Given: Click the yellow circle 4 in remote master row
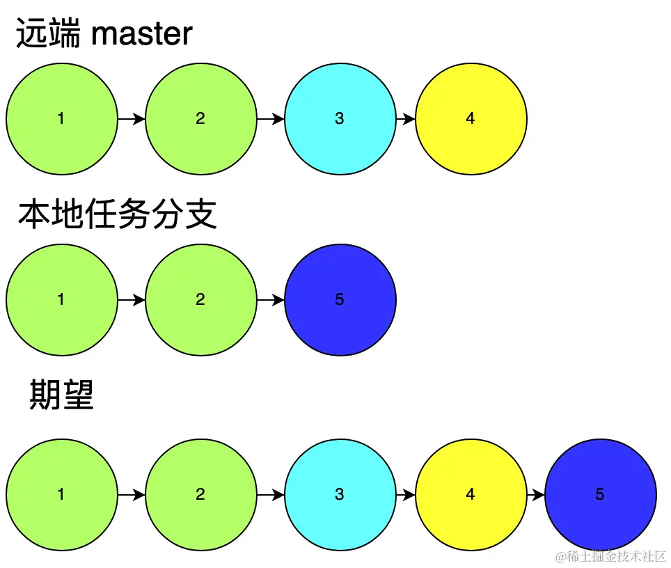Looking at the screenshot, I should coord(471,119).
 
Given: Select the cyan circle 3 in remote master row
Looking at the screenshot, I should coord(340,119).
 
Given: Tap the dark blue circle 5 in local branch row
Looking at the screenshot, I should coord(340,300).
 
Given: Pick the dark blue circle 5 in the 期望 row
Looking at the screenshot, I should coord(600,495).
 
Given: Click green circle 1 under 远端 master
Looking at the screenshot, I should coord(61,119).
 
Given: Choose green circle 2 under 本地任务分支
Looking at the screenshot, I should coord(200,300).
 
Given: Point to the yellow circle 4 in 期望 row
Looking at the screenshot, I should coord(471,495).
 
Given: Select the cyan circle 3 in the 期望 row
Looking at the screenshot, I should coord(340,495).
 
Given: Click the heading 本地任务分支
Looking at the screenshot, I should coord(117,215).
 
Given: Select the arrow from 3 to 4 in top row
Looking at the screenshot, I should coord(405,119).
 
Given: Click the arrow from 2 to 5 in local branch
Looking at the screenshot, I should coord(270,300).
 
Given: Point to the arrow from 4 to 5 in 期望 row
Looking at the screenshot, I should coord(535,495).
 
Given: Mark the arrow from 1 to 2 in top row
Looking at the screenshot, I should coord(131,119).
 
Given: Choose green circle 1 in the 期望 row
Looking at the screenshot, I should coord(61,495).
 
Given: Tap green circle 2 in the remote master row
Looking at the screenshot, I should coord(200,119).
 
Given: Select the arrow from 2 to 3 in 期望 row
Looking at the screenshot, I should coord(270,495).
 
